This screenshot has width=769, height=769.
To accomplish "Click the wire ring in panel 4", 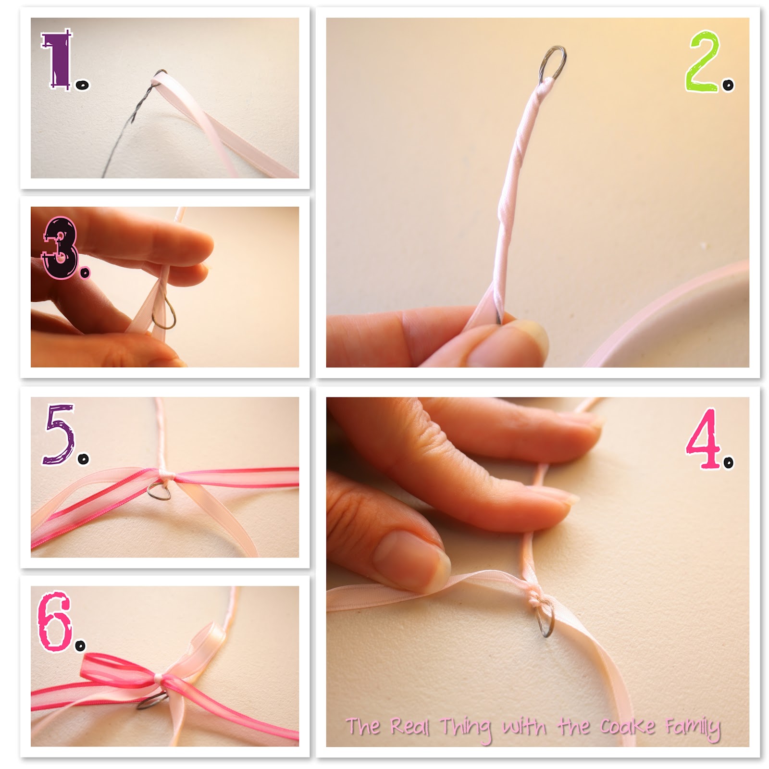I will coord(546,621).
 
